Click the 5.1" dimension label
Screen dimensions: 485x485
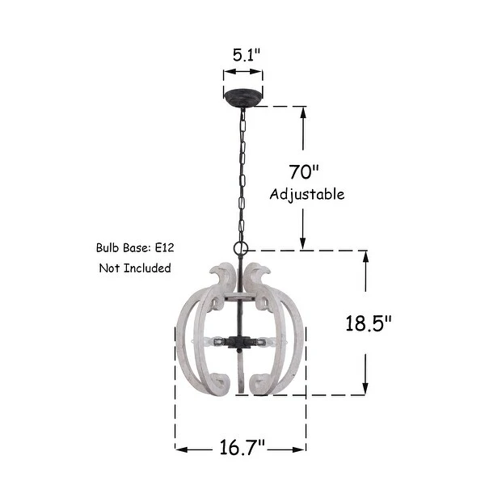click(x=247, y=55)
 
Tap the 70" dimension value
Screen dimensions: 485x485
click(x=305, y=172)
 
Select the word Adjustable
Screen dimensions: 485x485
click(x=307, y=195)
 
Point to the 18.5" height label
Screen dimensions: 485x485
click(x=369, y=323)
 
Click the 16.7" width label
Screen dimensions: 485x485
click(x=242, y=447)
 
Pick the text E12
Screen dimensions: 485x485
click(x=165, y=247)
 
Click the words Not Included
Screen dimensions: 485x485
click(x=135, y=268)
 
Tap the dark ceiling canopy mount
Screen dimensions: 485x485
click(x=243, y=98)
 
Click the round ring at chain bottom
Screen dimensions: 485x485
click(x=241, y=248)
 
